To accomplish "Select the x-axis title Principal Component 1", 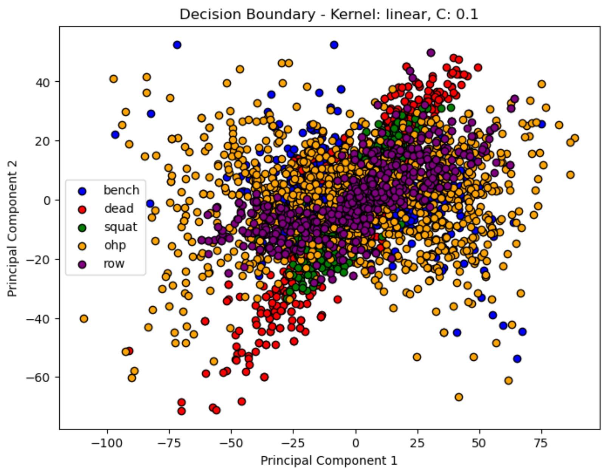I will pyautogui.click(x=329, y=461).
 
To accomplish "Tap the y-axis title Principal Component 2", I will pyautogui.click(x=12, y=229).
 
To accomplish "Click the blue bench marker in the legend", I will pyautogui.click(x=82, y=191).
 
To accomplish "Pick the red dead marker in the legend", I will pyautogui.click(x=82, y=209).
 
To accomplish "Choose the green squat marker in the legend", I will pyautogui.click(x=82, y=228).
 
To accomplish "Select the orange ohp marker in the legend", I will pyautogui.click(x=82, y=246).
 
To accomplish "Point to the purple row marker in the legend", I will pyautogui.click(x=82, y=264).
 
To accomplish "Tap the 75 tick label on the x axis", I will pyautogui.click(x=541, y=443).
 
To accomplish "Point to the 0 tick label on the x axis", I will pyautogui.click(x=355, y=443).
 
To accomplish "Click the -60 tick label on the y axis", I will pyautogui.click(x=37, y=378).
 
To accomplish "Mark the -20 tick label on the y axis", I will pyautogui.click(x=37, y=260).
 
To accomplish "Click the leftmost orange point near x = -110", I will pyautogui.click(x=84, y=319).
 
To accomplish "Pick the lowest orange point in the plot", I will pyautogui.click(x=459, y=397).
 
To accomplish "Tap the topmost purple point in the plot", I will pyautogui.click(x=431, y=53).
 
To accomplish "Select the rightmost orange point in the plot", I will pyautogui.click(x=575, y=138).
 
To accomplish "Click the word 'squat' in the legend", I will pyautogui.click(x=121, y=227).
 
